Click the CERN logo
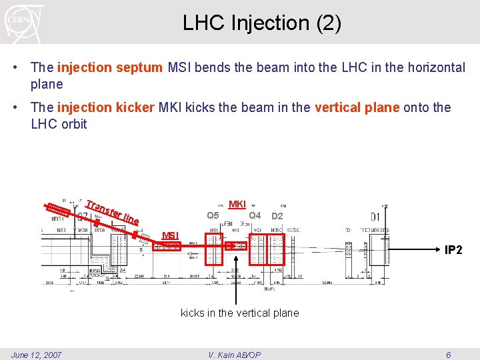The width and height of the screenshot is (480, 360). point(24,22)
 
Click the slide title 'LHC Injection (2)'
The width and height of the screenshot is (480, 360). point(262,23)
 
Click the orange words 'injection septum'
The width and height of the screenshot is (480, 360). point(109,67)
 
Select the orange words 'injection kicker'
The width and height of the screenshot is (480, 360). point(106,107)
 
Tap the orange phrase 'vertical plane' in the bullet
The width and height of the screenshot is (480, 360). point(357,107)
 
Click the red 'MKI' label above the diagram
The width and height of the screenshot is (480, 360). point(237,204)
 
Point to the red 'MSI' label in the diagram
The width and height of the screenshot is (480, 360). point(171,235)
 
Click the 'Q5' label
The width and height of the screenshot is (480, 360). point(213,215)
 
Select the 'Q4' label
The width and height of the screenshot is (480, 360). point(254,215)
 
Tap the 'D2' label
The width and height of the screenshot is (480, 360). point(277,216)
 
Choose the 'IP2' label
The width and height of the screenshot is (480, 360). point(453,250)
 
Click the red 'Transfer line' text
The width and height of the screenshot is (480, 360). point(113,211)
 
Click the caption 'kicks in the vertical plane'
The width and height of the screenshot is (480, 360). point(239,313)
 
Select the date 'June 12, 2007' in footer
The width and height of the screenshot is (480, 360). point(37,355)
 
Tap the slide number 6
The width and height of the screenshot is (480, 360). point(448,355)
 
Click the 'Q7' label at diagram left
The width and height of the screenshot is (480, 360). point(82,217)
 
